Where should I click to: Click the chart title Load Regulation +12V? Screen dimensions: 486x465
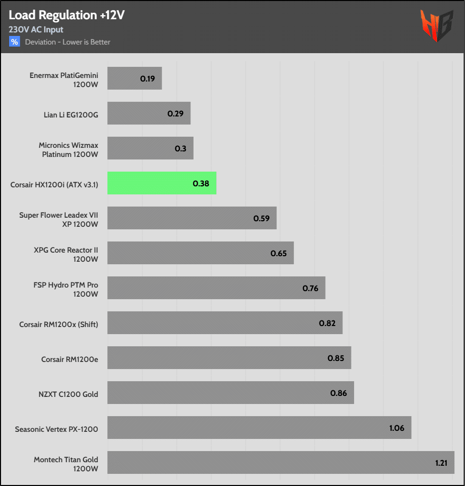point(66,15)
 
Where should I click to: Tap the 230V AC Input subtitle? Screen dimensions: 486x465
point(36,29)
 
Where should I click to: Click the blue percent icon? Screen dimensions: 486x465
point(14,42)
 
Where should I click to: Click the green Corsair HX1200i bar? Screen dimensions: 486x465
point(162,183)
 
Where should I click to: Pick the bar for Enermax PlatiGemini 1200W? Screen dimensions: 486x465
point(135,78)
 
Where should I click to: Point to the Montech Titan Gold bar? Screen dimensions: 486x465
point(281,462)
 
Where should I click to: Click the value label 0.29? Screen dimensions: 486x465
point(175,113)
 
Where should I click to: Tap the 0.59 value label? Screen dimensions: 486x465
point(261,218)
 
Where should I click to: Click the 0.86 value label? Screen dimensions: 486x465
point(338,393)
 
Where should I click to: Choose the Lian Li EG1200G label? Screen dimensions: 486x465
point(71,115)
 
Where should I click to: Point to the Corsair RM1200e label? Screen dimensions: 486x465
point(69,359)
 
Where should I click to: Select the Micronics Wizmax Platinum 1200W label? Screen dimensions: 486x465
point(68,149)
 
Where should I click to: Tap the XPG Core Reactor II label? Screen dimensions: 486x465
point(66,254)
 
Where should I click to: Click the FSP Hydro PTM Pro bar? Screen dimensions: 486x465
point(216,288)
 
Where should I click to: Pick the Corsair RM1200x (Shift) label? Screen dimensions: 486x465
point(59,325)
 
